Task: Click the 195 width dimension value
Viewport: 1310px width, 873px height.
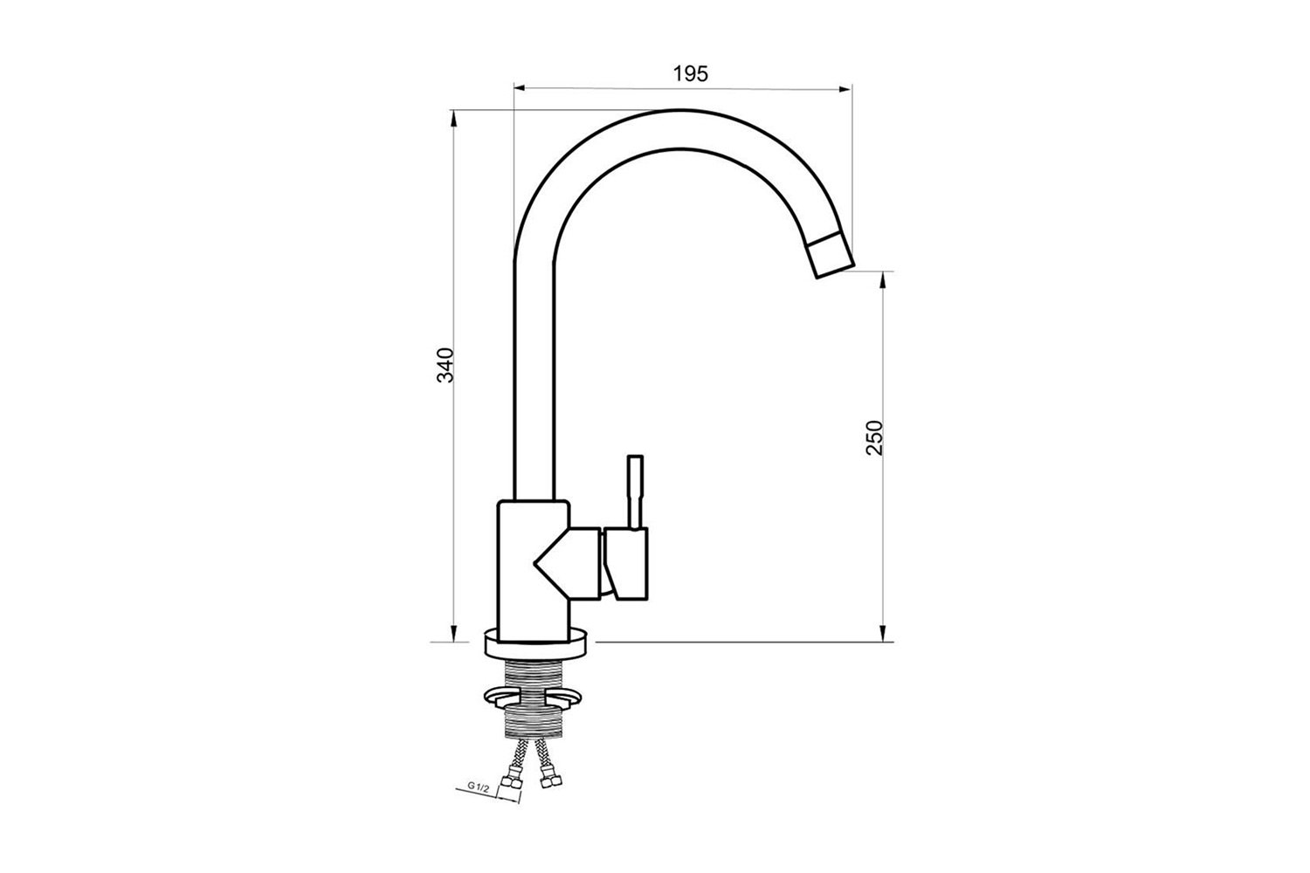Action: [690, 74]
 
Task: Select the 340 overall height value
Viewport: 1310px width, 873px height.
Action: [445, 365]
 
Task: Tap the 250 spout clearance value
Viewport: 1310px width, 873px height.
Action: [873, 437]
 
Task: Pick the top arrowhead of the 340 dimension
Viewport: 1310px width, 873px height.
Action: [454, 118]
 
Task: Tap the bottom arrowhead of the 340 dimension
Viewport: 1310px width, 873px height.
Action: [454, 634]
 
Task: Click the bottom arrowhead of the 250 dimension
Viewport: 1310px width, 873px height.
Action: [882, 634]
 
